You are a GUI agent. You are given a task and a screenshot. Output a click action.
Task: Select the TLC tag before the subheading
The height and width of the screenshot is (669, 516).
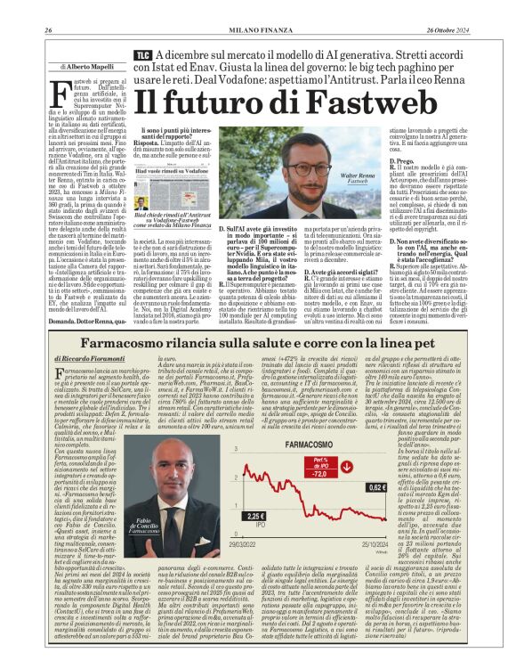point(141,54)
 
